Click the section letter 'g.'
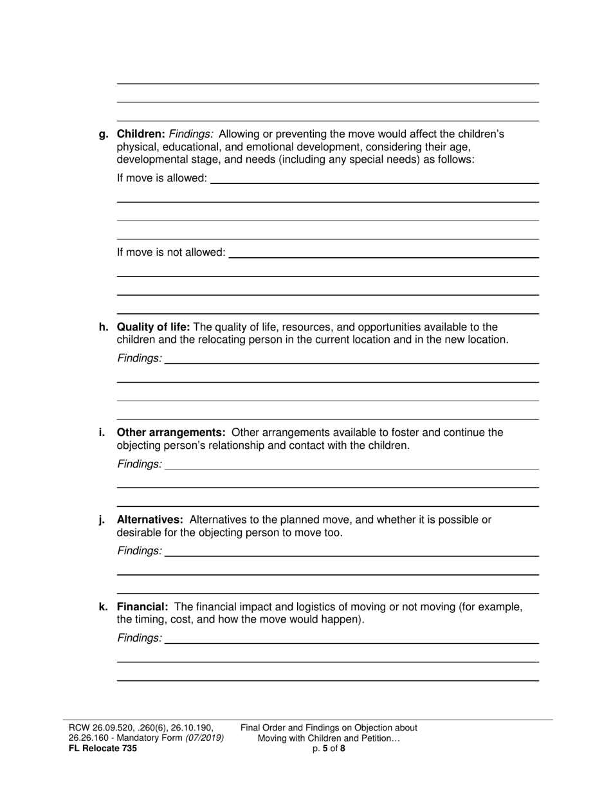click(104, 134)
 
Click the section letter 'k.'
click(104, 607)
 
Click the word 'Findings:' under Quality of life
click(140, 358)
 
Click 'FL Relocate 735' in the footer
click(102, 749)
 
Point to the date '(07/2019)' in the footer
click(205, 738)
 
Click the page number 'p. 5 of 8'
click(329, 749)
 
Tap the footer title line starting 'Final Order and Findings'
click(329, 728)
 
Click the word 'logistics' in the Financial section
click(326, 607)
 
